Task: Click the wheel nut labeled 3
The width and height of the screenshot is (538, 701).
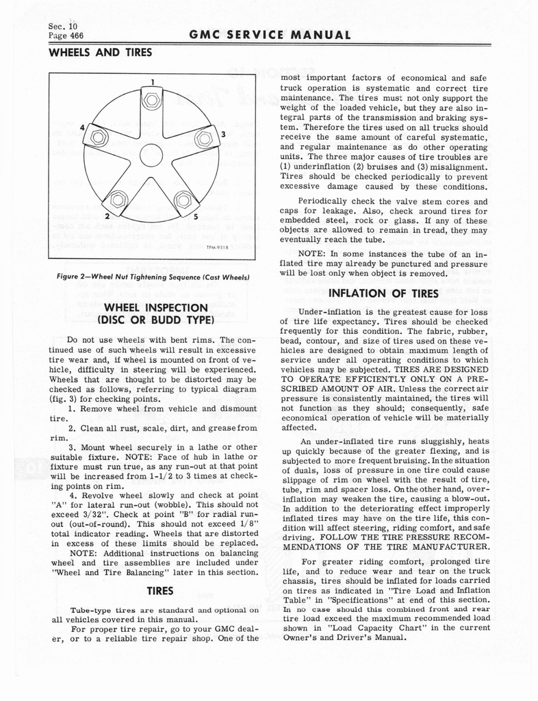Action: [x=203, y=139]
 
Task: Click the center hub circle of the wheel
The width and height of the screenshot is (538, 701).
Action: [x=151, y=155]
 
